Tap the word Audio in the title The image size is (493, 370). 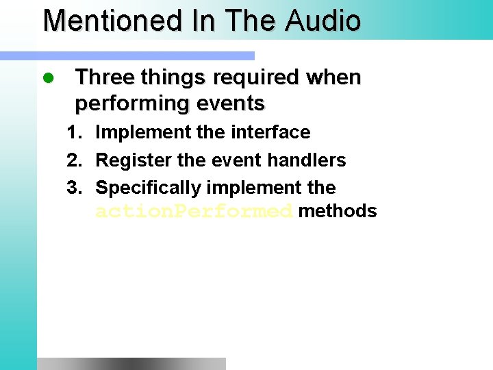click(323, 21)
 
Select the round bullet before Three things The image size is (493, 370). click(48, 78)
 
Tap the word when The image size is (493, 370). click(334, 78)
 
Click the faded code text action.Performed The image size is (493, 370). click(194, 212)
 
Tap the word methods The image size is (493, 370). click(338, 211)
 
